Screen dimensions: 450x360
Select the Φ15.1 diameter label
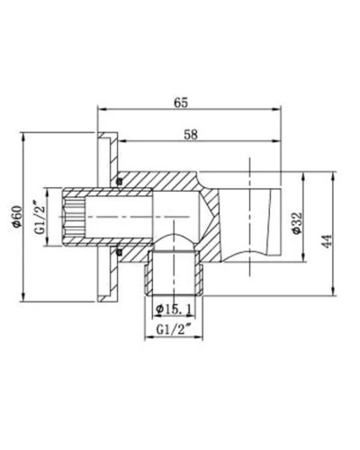[x=172, y=310]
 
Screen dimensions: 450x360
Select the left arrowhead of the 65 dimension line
[x=101, y=112]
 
